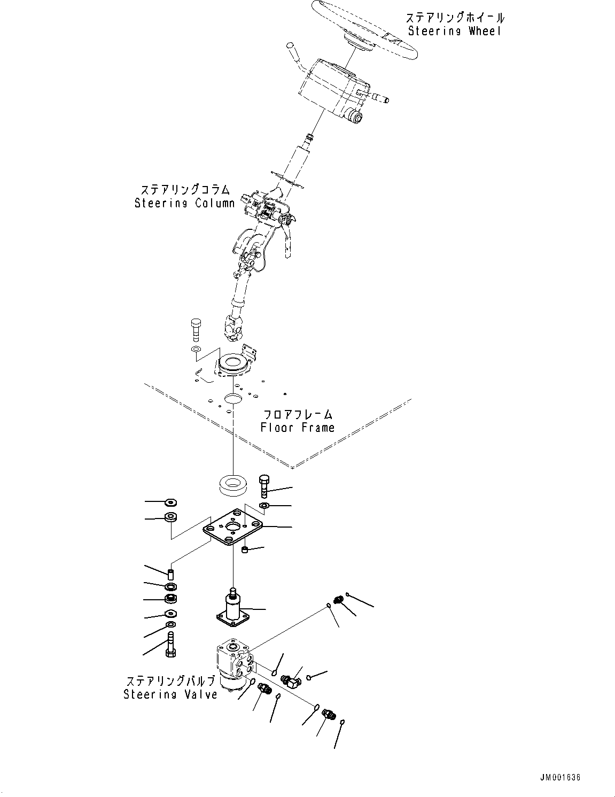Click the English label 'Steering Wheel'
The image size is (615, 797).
[x=455, y=31]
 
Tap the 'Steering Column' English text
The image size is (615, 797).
[x=184, y=203]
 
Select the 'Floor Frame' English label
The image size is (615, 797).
[x=298, y=428]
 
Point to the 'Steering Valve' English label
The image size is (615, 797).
[x=170, y=694]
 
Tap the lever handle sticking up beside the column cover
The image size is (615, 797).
[x=293, y=53]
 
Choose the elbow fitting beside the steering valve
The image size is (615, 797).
[x=291, y=680]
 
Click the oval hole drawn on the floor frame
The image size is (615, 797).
[x=233, y=398]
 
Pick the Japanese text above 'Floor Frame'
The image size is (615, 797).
[x=298, y=414]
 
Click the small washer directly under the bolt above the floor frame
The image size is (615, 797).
[x=195, y=350]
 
